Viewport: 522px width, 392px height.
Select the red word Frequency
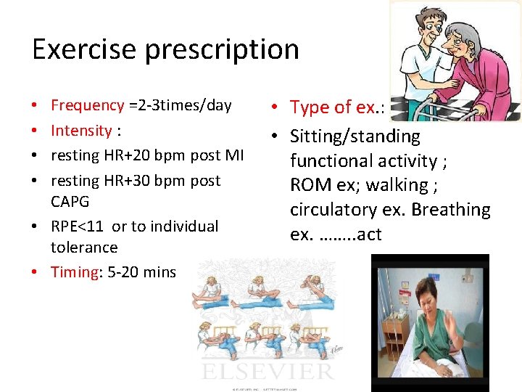[x=87, y=106]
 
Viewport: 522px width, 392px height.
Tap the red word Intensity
[x=80, y=131]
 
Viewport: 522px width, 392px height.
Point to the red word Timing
[x=74, y=272]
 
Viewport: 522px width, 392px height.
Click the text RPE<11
[x=78, y=226]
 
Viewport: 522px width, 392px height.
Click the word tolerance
[x=83, y=248]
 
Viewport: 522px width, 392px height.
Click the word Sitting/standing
[x=355, y=136]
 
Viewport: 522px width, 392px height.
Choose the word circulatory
[x=328, y=210]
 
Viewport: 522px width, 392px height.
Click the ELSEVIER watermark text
[x=269, y=371]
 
